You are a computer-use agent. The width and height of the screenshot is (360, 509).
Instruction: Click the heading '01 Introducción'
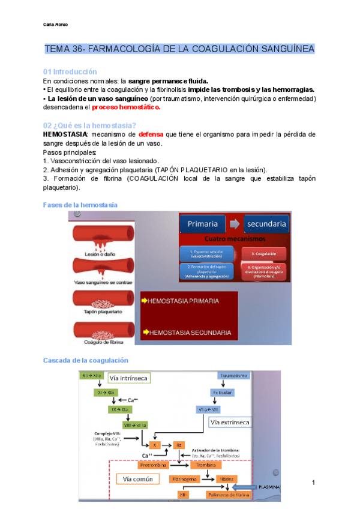(70, 71)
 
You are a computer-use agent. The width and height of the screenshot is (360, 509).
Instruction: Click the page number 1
(313, 483)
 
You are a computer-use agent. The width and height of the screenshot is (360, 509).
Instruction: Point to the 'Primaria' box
(202, 224)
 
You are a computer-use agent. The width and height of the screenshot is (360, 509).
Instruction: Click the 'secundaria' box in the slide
(266, 224)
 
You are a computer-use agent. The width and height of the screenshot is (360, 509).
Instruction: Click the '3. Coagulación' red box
(263, 253)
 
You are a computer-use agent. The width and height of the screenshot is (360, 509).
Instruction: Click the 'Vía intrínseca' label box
(129, 378)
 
